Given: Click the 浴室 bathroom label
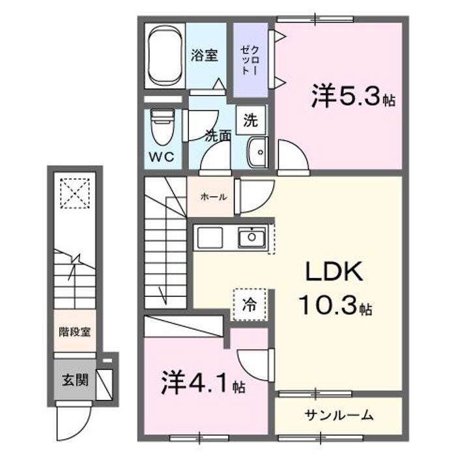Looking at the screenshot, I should pos(204,55).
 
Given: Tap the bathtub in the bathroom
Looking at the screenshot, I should pos(165,57).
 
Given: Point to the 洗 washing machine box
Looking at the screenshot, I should pos(250,120).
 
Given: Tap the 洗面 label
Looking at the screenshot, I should pos(218,136).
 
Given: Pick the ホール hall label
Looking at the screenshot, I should pos(209,195).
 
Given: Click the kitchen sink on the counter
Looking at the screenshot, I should pos(251,238).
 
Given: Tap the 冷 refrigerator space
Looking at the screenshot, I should pos(249,304).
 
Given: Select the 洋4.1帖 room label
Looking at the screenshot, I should pos(202,382).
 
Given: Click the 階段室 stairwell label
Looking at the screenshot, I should pos(72,331).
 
